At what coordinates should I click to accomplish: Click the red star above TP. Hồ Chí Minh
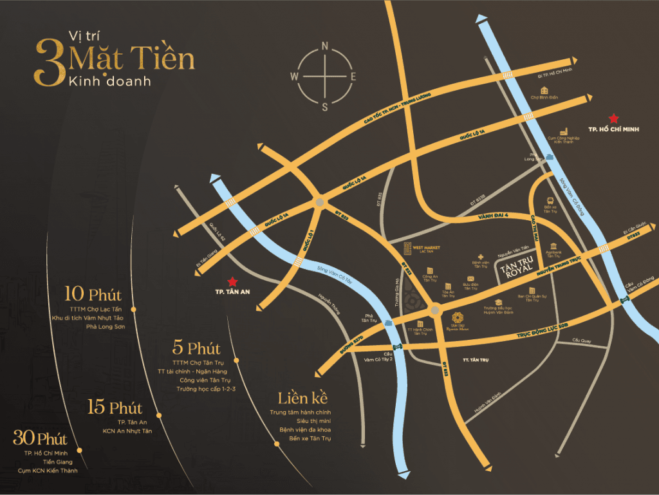(614, 118)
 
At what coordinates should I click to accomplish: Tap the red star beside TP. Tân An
(232, 281)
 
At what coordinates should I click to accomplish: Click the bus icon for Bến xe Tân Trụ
(550, 201)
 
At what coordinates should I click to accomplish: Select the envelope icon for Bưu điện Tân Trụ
(471, 277)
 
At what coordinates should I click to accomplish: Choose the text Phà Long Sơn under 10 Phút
(105, 326)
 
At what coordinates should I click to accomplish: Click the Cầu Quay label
(581, 340)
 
